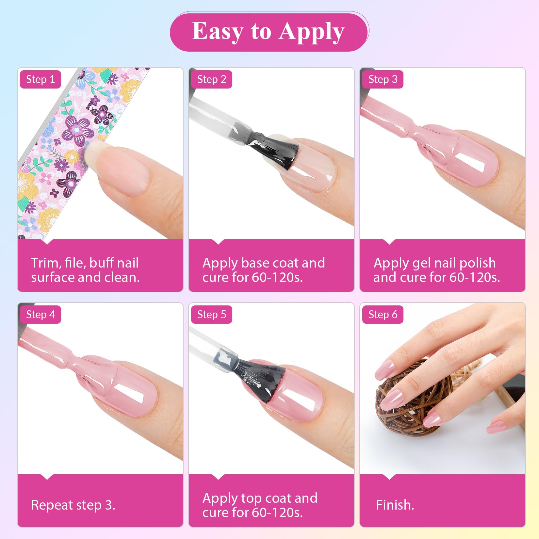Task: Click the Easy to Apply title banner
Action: [x=269, y=32]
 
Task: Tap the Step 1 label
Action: [x=41, y=79]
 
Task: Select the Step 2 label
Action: [x=212, y=79]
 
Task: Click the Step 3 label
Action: [x=383, y=79]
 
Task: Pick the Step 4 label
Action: [x=41, y=315]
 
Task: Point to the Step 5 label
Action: [x=212, y=315]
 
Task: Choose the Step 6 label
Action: [x=383, y=315]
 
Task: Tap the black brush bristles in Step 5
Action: [x=261, y=379]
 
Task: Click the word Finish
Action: [x=395, y=505]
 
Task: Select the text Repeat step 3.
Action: [x=73, y=505]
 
